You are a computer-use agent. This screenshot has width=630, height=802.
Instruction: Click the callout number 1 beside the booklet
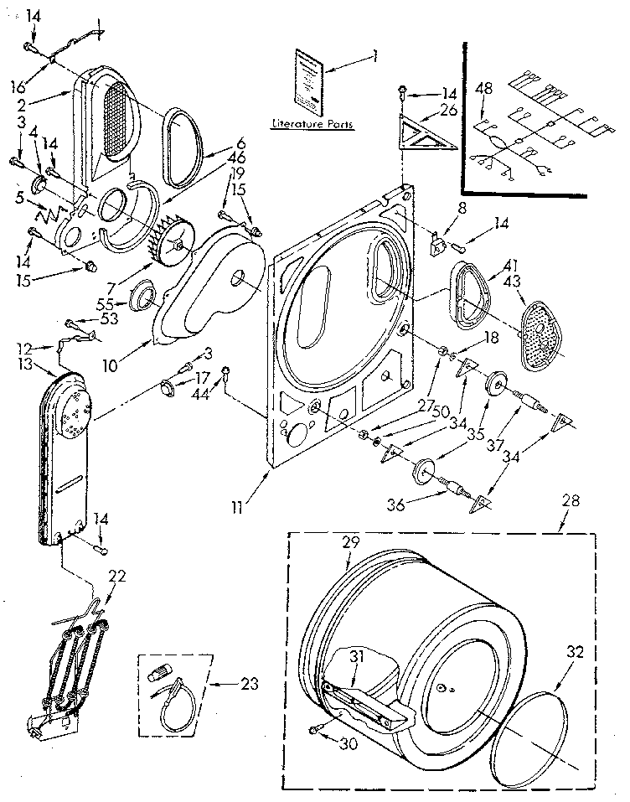point(374,56)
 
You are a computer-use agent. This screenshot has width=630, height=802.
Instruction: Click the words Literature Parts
point(312,124)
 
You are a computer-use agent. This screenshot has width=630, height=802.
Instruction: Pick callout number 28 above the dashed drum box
point(571,501)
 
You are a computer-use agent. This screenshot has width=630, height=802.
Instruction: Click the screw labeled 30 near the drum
point(315,731)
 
